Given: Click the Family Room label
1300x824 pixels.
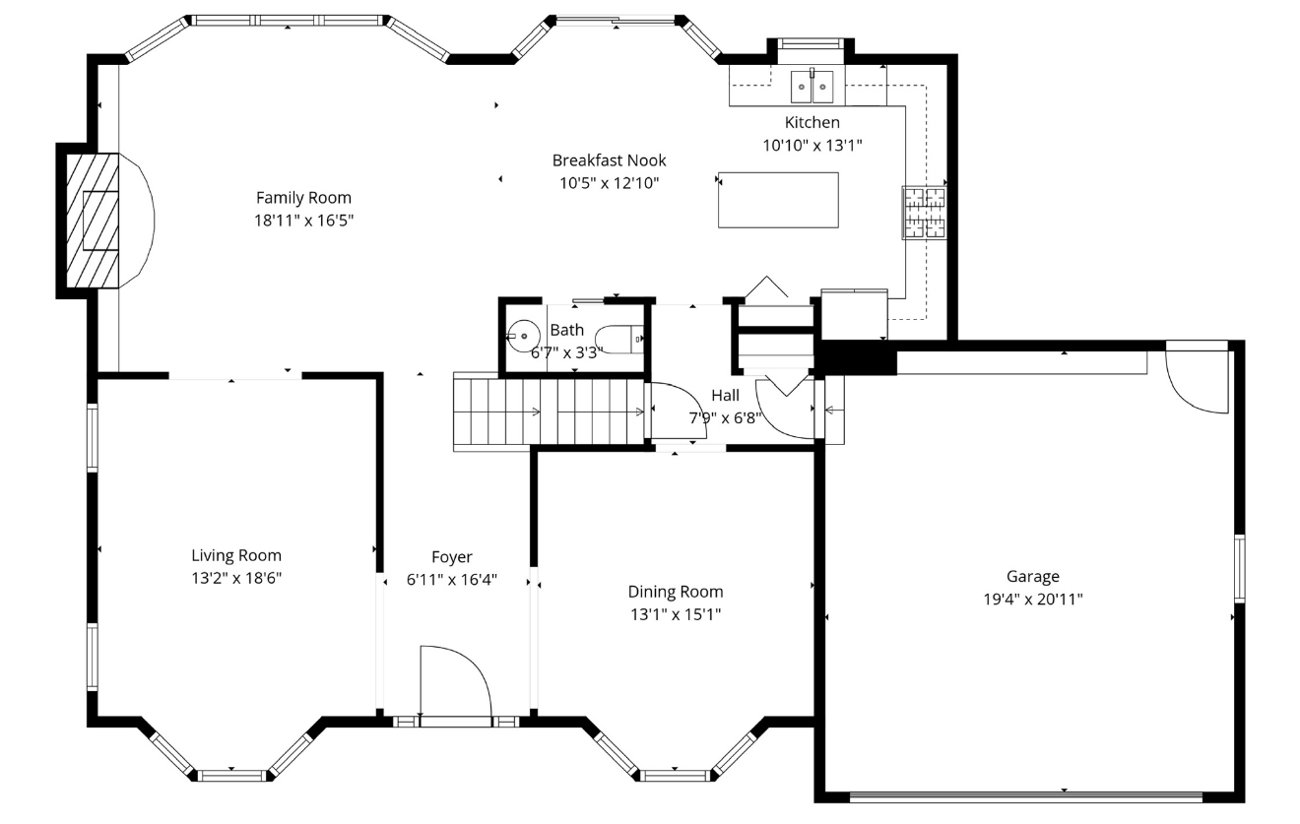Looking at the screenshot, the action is [303, 198].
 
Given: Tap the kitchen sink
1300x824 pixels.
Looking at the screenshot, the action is [812, 86].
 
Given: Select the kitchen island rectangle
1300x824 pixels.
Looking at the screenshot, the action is [778, 200].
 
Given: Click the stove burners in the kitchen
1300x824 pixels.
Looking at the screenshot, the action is [924, 213].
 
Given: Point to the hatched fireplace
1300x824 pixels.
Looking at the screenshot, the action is [93, 221].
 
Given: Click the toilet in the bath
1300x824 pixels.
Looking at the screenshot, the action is [619, 340].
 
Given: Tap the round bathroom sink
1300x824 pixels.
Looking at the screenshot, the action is [524, 336].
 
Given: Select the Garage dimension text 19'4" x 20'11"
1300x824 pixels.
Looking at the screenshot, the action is [1033, 599].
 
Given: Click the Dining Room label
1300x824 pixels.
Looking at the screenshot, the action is [676, 592].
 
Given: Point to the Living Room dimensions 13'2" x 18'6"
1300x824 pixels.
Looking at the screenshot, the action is [236, 578].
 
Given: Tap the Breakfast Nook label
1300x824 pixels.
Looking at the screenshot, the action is [610, 160].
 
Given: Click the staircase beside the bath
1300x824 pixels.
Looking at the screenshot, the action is [549, 412].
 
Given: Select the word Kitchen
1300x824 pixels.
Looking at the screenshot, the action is [812, 122].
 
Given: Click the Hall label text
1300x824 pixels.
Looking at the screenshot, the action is [726, 396].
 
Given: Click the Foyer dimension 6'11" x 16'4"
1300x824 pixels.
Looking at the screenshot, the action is [452, 580].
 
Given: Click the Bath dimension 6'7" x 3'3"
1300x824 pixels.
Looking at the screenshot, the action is [566, 352].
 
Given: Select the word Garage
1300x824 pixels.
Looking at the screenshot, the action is [1033, 576].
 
